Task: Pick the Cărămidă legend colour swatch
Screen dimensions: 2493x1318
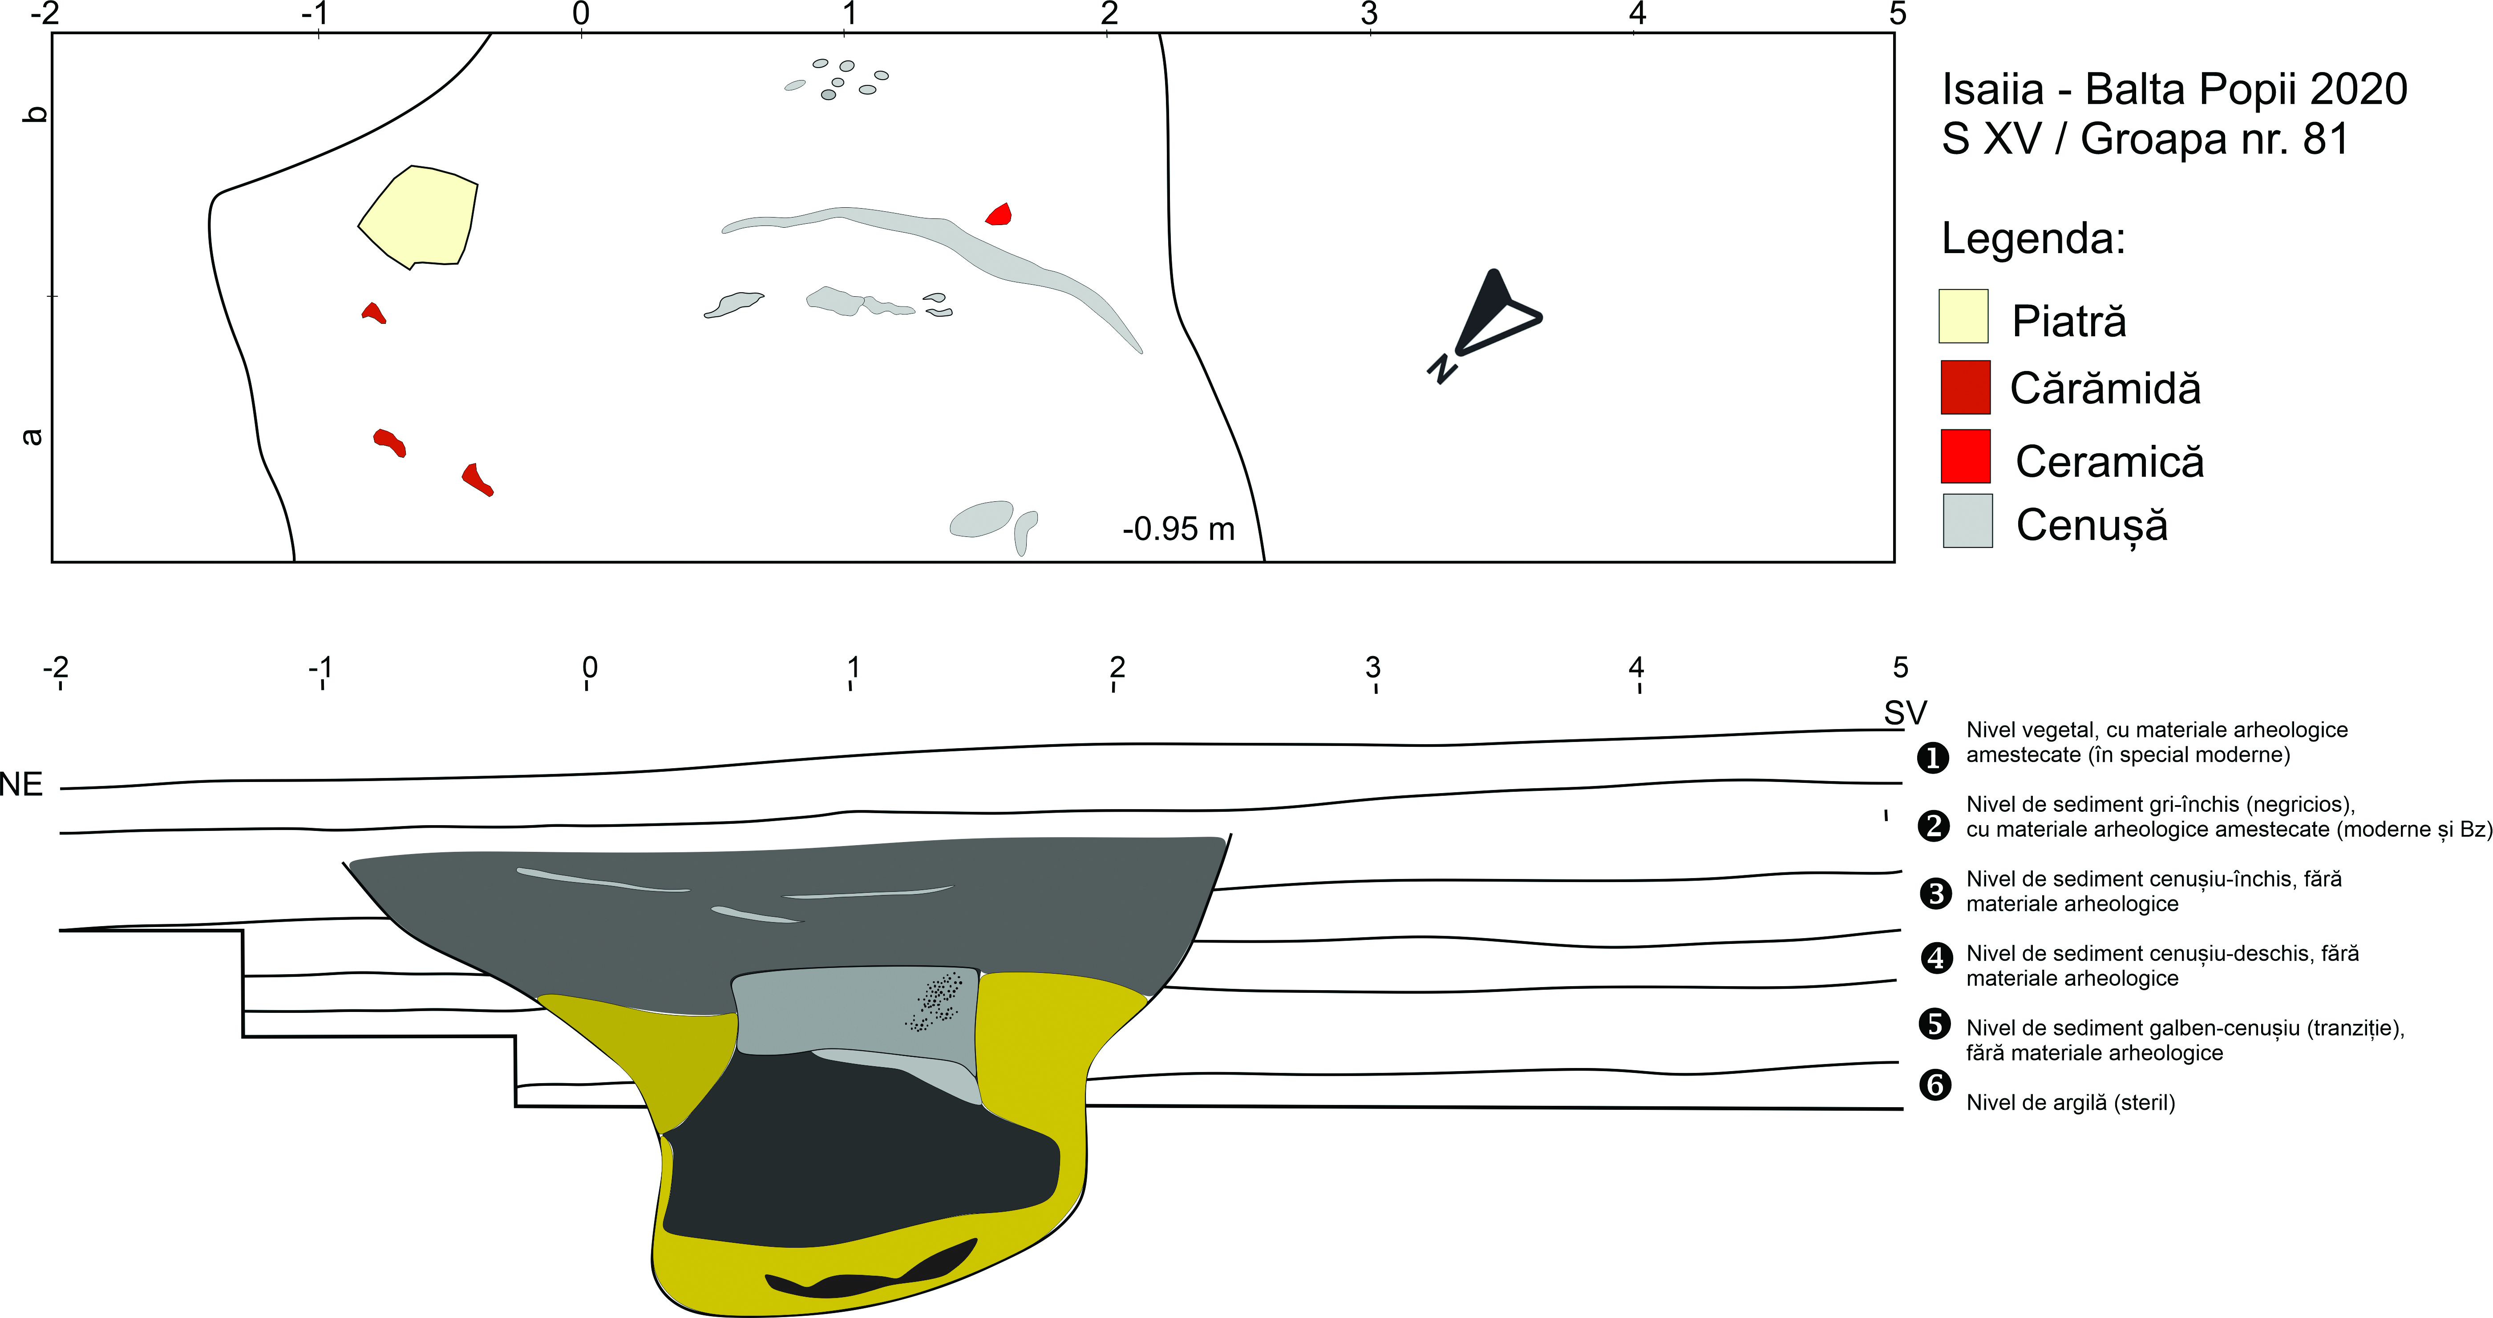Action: point(1966,387)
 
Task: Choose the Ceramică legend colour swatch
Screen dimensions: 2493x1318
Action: point(1966,456)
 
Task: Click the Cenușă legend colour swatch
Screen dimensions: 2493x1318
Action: point(1967,520)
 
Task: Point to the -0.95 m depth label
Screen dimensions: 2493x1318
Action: point(1179,529)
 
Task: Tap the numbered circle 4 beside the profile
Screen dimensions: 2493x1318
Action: point(1935,958)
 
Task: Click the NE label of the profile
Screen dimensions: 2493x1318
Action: point(21,784)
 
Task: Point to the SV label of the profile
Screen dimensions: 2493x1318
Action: point(1905,713)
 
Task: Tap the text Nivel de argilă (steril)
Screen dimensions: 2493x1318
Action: point(2070,1102)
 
